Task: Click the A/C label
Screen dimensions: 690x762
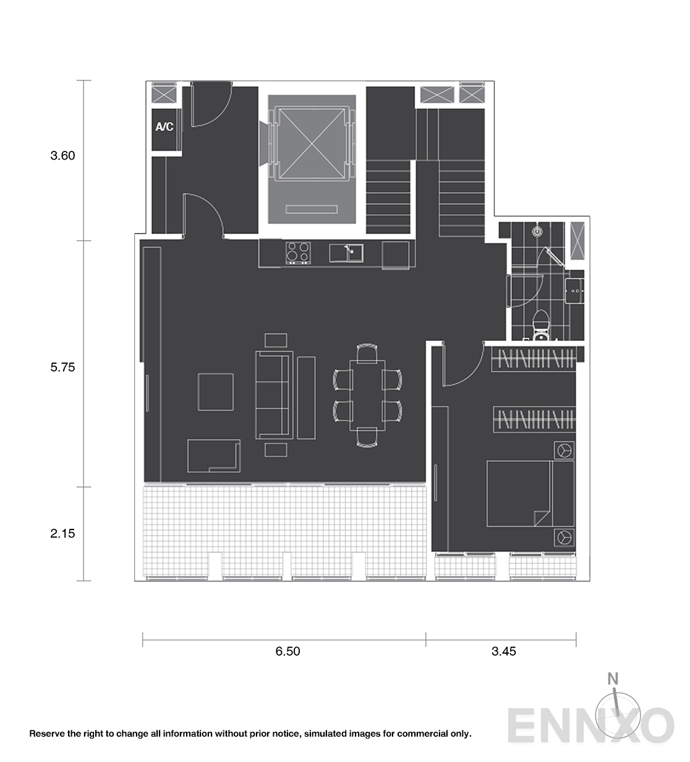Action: tap(164, 127)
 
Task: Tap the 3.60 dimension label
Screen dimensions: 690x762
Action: tap(62, 155)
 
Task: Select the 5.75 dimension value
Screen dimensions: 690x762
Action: tap(62, 367)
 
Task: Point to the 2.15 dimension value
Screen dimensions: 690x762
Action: tap(62, 533)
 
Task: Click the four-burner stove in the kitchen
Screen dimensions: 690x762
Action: tap(298, 252)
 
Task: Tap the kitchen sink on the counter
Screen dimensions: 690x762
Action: tap(346, 253)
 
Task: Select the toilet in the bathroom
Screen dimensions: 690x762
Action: tap(541, 325)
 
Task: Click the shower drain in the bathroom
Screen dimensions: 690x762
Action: tap(537, 231)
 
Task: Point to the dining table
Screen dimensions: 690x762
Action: tap(367, 395)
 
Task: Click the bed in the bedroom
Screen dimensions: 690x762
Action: tap(530, 494)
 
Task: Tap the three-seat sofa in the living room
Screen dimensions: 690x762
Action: tap(274, 395)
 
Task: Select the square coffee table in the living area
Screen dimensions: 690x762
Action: tap(216, 392)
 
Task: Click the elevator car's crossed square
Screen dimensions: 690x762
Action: tap(312, 144)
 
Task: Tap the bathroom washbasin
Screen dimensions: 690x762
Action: tap(574, 291)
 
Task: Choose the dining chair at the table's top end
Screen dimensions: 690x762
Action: tap(367, 353)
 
